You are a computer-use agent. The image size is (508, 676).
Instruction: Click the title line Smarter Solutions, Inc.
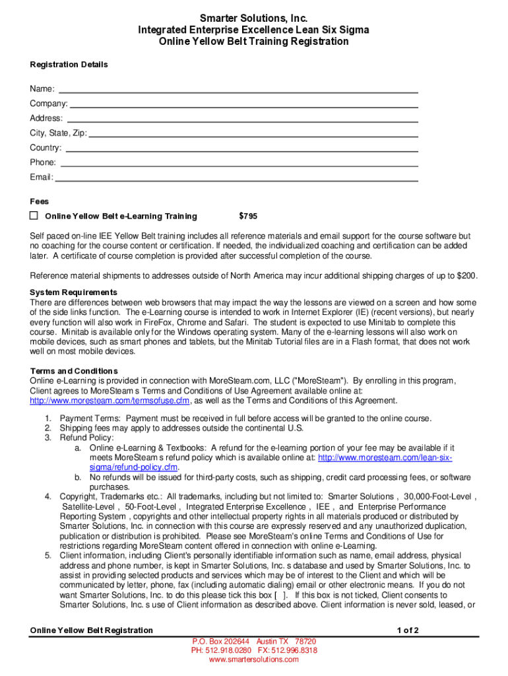[x=253, y=18]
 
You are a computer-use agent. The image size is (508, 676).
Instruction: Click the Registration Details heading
[x=69, y=65]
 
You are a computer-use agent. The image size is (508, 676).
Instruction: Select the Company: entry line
[x=244, y=104]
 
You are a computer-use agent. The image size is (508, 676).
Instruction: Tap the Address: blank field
[x=241, y=118]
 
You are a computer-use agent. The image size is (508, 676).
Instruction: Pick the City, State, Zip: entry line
[x=253, y=133]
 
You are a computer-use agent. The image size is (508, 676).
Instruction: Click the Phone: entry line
[x=239, y=162]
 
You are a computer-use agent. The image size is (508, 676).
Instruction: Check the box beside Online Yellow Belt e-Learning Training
[x=34, y=216]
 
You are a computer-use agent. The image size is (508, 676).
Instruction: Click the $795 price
[x=248, y=217]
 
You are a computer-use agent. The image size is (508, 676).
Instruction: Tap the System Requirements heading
[x=73, y=292]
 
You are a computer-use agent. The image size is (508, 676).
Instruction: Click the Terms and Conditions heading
[x=74, y=371]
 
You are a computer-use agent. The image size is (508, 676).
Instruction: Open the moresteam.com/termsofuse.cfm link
[x=110, y=401]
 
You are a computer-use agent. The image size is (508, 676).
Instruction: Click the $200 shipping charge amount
[x=466, y=276]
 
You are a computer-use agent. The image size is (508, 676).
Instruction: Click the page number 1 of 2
[x=408, y=630]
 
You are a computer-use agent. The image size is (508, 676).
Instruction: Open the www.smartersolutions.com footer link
[x=253, y=659]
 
